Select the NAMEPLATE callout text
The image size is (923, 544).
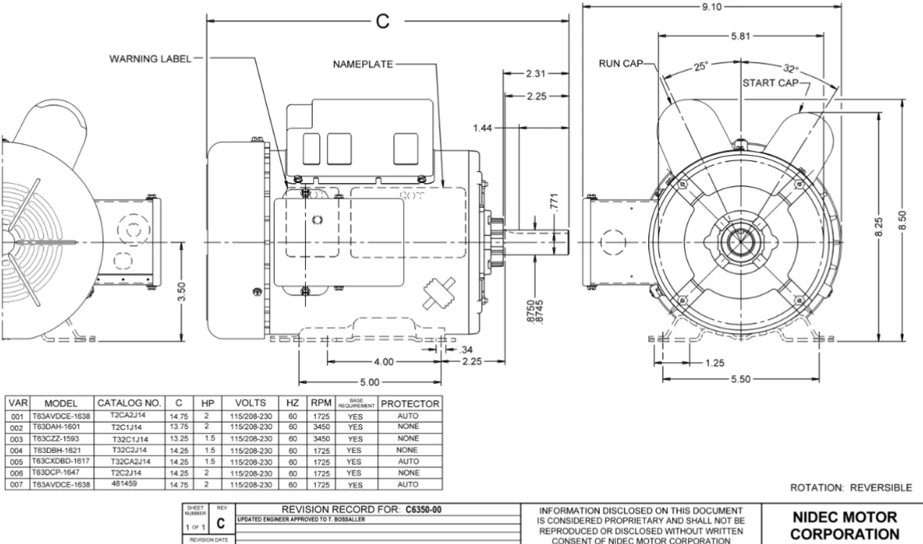pyautogui.click(x=363, y=64)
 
